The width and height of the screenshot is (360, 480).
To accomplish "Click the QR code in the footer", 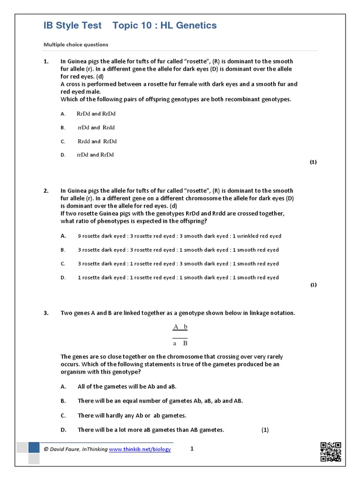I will (x=330, y=451).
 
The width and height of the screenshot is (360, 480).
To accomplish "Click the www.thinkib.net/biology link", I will (x=140, y=449).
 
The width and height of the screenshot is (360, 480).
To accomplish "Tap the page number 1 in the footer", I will (x=192, y=449).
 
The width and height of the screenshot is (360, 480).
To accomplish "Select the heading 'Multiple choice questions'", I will (x=76, y=45).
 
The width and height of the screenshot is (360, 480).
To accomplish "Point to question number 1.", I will (x=46, y=61).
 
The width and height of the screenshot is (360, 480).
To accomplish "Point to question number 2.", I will (x=46, y=191).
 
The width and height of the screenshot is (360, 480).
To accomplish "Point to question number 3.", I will (x=46, y=313).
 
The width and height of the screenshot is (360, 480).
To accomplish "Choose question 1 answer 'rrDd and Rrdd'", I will (x=96, y=127).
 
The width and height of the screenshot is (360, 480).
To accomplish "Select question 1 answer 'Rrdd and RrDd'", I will (x=97, y=141).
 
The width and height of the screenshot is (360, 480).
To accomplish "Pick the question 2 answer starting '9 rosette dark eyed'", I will (x=179, y=236).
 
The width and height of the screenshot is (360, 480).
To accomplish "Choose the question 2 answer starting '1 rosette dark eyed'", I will (x=178, y=277).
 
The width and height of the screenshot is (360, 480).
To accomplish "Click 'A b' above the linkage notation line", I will (x=180, y=327).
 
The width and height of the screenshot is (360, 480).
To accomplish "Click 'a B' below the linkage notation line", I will (x=180, y=343).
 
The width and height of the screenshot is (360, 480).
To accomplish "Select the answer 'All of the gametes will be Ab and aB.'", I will (x=127, y=387).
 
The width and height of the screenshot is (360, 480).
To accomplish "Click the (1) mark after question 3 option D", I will (x=265, y=430).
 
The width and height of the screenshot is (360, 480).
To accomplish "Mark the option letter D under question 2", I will (x=63, y=277).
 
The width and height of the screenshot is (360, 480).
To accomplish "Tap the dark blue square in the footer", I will (x=34, y=448).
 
